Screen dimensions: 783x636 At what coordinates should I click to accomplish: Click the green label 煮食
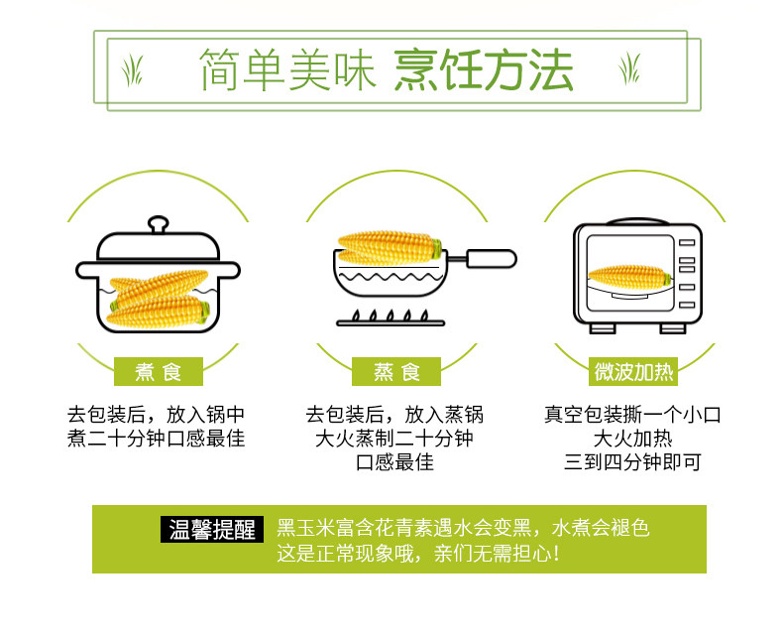coord(159,371)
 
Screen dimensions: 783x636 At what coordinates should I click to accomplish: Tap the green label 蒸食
coord(396,371)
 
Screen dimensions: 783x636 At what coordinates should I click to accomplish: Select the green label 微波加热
coord(633,371)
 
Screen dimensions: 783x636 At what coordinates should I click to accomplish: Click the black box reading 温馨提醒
coord(212,530)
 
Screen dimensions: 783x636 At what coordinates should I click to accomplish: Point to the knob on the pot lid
coord(159,224)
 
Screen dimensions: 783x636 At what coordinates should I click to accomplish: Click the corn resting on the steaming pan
coord(390,247)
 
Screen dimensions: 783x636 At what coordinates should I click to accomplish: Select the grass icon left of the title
coord(133,70)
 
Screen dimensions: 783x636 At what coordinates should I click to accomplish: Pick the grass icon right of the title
coord(629,68)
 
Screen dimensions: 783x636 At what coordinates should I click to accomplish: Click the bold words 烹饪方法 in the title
coord(484,70)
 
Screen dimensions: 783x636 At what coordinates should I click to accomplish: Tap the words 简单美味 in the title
coord(287,70)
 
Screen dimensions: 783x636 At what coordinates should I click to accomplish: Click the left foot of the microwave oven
coord(603,328)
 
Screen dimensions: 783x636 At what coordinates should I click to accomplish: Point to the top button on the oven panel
coord(687,242)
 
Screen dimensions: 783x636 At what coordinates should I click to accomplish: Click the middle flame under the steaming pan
coord(390,316)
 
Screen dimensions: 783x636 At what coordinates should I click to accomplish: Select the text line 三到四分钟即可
coord(632,462)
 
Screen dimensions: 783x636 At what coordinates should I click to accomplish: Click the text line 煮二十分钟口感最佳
coord(157,439)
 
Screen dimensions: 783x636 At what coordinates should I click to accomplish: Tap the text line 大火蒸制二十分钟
coord(394,439)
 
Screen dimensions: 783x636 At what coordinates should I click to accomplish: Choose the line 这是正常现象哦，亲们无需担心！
coord(418,554)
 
